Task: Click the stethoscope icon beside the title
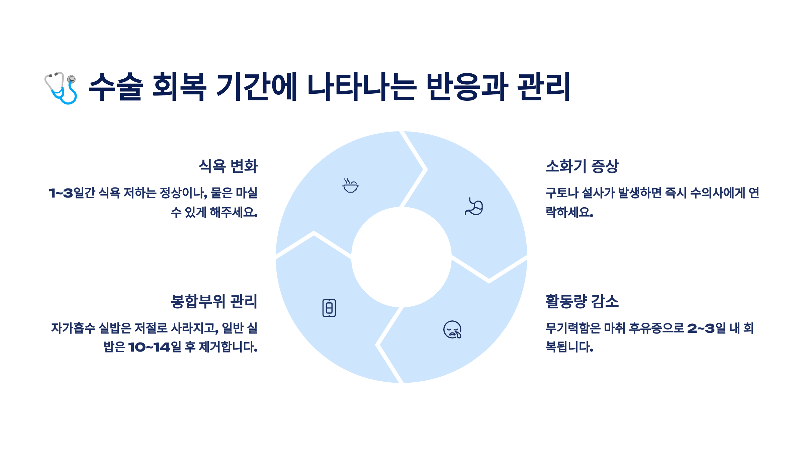[61, 88]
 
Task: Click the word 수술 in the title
[116, 87]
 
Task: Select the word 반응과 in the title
[467, 87]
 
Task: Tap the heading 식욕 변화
[228, 166]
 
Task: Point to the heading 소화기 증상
[582, 166]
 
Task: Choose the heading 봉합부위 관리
[214, 301]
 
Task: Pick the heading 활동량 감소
[582, 301]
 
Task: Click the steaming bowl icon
[350, 186]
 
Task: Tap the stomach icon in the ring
[474, 207]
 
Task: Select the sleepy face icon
[452, 330]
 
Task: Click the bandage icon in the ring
[329, 308]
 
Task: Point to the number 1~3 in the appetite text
[61, 193]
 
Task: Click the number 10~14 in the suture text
[149, 347]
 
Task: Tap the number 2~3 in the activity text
[701, 328]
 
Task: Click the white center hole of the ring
[401, 257]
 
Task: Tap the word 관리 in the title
[544, 87]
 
